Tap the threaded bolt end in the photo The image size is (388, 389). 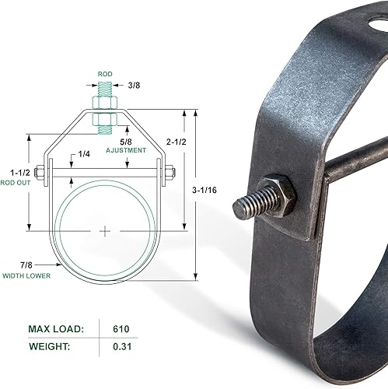[247, 207]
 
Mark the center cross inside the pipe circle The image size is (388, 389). [105, 231]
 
